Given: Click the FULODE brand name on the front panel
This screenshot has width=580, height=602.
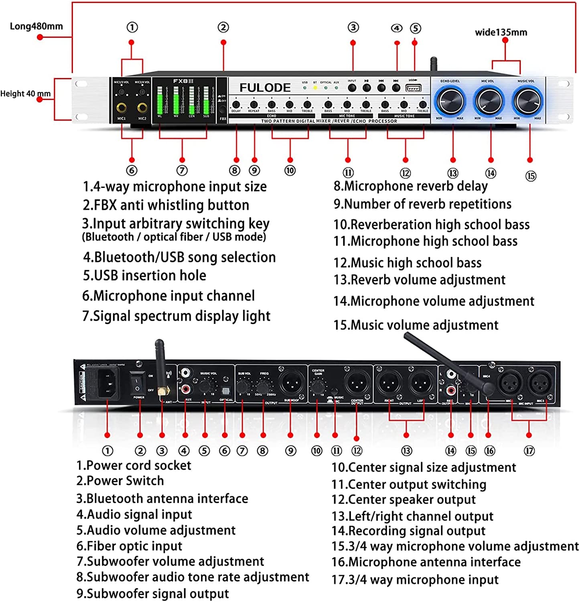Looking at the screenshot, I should point(265,88).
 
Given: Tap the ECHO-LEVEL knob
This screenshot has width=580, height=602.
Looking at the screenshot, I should point(450,101).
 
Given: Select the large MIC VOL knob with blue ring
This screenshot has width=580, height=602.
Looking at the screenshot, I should point(488,101).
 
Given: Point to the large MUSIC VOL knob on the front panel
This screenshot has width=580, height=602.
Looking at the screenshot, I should point(527,101).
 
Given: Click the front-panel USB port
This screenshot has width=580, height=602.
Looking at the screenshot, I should point(413,88).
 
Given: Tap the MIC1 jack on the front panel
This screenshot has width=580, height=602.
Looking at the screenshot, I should point(122,108).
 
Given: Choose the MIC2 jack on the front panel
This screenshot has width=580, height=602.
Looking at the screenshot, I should point(142,108).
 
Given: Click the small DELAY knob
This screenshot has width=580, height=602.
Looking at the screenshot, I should point(236,105).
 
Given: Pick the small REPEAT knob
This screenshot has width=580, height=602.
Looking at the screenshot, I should point(253,105).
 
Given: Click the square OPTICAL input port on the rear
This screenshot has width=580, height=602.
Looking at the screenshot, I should point(225,390).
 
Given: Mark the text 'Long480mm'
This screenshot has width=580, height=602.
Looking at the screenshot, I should point(36,26).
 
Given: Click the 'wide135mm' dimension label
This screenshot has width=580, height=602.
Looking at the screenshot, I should point(501,33).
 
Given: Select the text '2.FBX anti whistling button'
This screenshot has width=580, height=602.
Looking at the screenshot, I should point(166,205).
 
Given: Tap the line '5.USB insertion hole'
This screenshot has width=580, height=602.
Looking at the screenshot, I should point(144,276).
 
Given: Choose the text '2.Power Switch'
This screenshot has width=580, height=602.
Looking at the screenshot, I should point(120,481).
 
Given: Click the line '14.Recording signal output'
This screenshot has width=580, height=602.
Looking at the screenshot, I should point(408,531).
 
